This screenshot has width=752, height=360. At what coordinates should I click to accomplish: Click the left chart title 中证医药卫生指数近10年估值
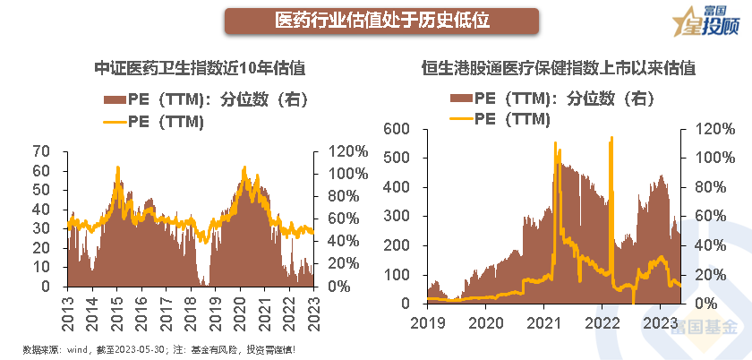[x=201, y=67]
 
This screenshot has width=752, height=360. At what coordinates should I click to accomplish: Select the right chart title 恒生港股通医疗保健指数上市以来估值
[x=560, y=67]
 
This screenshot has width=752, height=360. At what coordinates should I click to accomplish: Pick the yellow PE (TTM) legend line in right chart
[x=460, y=117]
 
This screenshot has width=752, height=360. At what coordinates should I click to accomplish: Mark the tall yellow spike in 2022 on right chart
[x=611, y=140]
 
